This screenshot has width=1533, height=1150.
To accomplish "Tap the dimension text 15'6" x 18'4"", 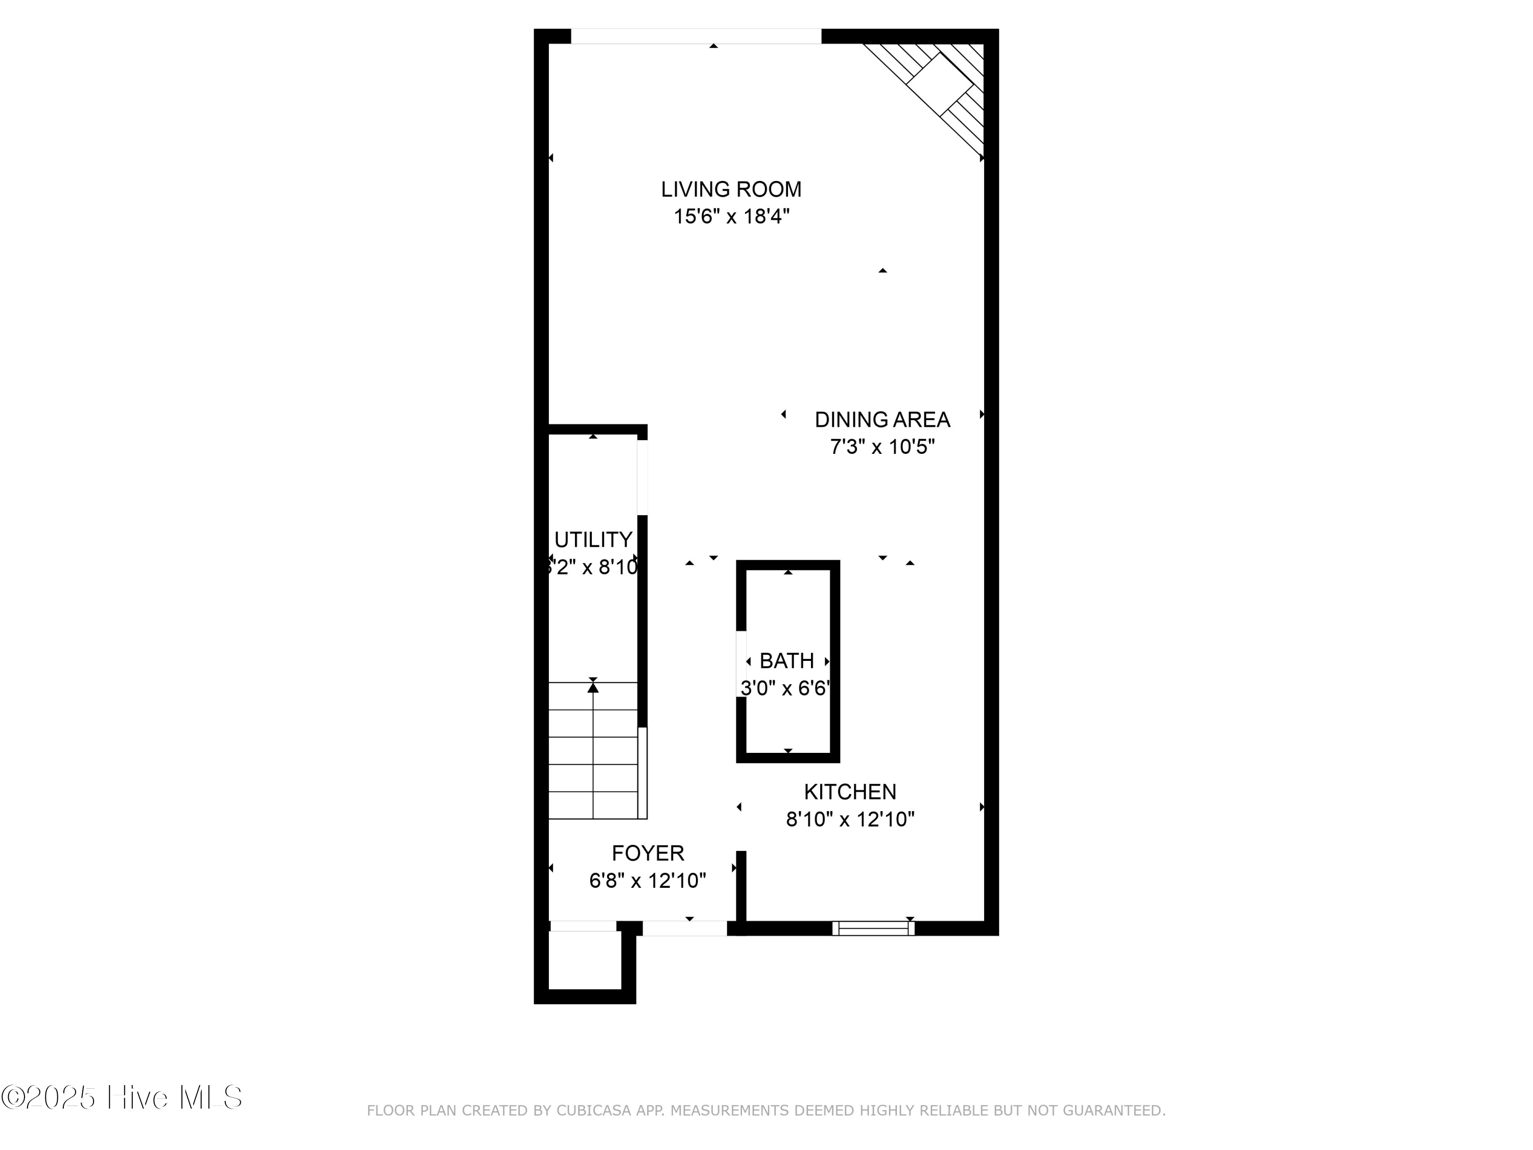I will [x=731, y=217].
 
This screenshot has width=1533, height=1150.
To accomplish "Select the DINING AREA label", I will [x=881, y=420].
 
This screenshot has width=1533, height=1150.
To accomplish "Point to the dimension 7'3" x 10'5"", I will [x=881, y=447].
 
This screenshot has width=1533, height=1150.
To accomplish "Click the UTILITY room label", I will [x=593, y=539].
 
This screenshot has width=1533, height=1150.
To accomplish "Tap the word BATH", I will [x=786, y=660].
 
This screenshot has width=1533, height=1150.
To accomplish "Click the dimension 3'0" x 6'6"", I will [x=785, y=688].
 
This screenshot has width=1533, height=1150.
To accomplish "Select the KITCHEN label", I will [x=850, y=792].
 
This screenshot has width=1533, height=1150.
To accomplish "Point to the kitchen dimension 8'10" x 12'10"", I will [x=850, y=819].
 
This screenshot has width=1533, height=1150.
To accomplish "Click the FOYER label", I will [x=647, y=853].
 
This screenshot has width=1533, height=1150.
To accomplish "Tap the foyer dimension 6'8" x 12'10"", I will [x=647, y=880].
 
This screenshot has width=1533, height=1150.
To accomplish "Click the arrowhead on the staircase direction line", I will [x=593, y=687].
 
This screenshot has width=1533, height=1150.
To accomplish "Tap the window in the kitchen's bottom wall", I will [x=873, y=928].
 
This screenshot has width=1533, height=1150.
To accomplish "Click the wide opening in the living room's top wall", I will [x=696, y=36].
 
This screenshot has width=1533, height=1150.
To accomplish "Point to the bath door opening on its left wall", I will [x=741, y=664].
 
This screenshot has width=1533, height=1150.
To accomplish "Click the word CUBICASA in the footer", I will [x=594, y=1111].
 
